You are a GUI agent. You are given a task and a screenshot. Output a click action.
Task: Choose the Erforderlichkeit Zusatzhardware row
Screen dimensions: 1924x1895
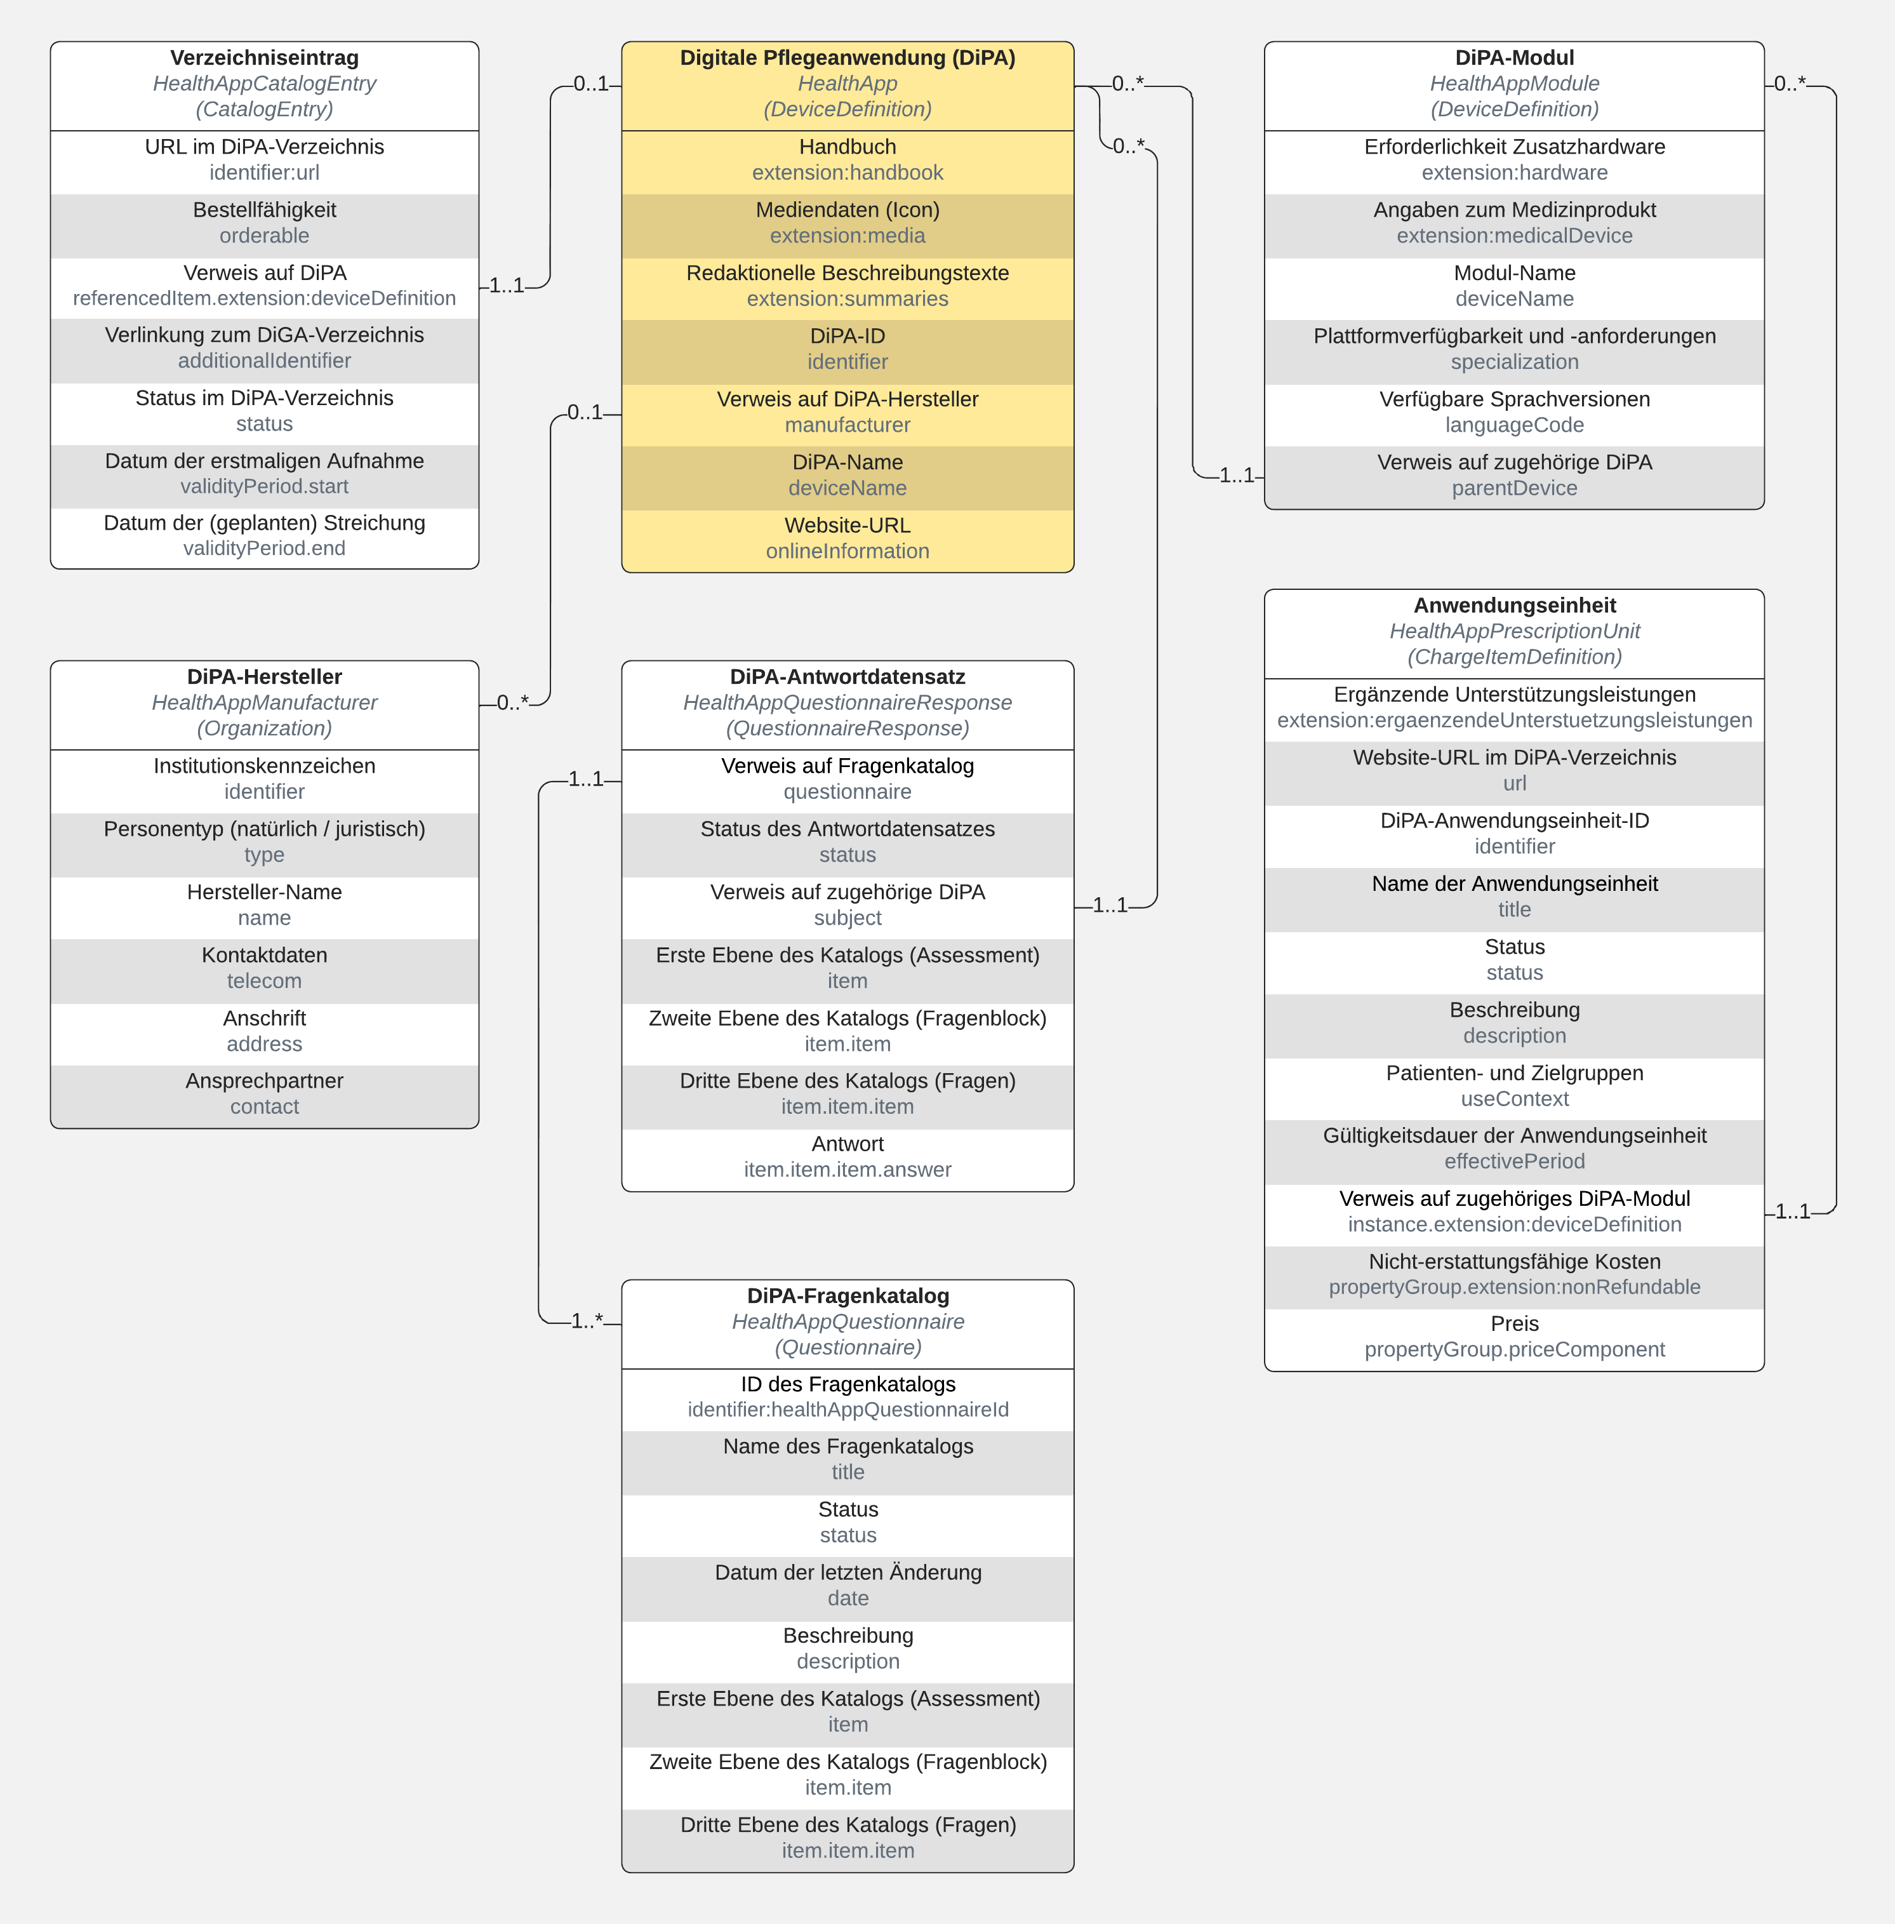click(x=1514, y=160)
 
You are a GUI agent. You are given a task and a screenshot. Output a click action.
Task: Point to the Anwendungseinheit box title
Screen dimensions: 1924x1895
click(x=1514, y=605)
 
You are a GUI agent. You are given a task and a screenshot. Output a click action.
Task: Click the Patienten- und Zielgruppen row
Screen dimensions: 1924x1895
click(x=1514, y=1086)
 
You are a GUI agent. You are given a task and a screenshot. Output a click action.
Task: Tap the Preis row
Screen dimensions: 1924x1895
click(x=1514, y=1337)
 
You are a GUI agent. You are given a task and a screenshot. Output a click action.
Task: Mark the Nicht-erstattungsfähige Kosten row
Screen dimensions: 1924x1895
click(x=1514, y=1274)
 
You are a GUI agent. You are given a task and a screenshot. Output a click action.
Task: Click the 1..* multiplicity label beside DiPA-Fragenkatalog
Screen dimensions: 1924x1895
click(x=586, y=1321)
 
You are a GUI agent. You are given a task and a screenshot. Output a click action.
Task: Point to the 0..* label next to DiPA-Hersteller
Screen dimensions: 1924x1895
click(x=512, y=703)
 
